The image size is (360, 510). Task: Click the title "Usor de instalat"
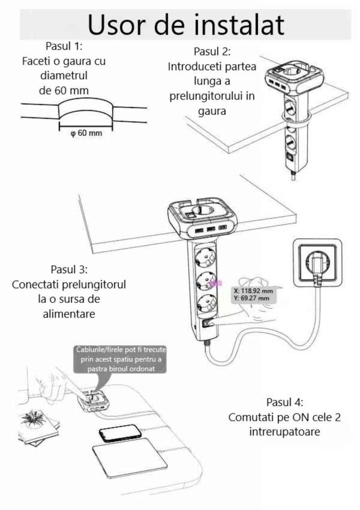(x=186, y=24)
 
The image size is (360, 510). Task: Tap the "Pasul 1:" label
(x=64, y=47)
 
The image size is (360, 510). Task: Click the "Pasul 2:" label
(x=212, y=52)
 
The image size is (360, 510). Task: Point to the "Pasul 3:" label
(x=69, y=269)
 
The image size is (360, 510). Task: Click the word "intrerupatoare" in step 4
(x=284, y=432)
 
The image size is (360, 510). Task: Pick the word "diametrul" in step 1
(x=64, y=76)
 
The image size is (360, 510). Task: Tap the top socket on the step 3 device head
(x=202, y=210)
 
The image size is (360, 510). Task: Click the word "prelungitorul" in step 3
(x=92, y=284)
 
